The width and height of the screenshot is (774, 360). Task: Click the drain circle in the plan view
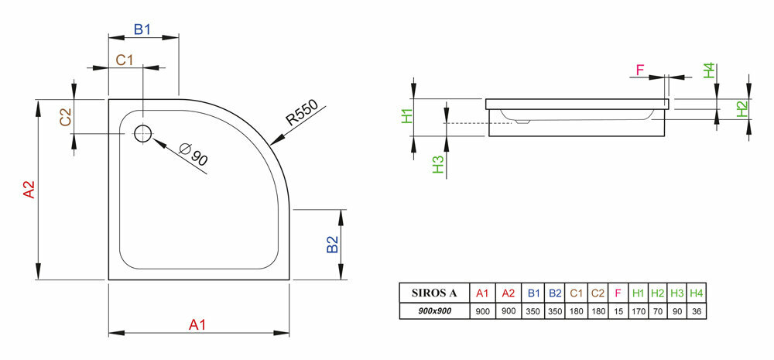click(x=143, y=133)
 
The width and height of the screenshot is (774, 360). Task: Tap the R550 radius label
click(x=302, y=115)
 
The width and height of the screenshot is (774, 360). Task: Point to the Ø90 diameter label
click(x=193, y=155)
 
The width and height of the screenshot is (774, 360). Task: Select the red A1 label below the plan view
click(x=198, y=325)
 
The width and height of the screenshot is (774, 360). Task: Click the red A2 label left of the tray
click(x=29, y=190)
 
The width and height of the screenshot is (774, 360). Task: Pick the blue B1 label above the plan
click(x=142, y=30)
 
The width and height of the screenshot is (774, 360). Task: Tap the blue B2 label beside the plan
click(x=332, y=245)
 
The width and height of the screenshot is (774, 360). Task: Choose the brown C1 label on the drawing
click(x=125, y=60)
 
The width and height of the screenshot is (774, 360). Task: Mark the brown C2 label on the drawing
click(x=66, y=117)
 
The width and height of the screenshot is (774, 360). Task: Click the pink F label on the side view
click(x=640, y=70)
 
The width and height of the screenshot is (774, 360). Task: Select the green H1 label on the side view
click(x=408, y=117)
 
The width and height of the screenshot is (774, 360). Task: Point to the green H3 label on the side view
click(x=438, y=163)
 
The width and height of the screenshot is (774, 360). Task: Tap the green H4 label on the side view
click(x=709, y=70)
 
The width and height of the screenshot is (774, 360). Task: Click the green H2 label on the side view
click(x=741, y=109)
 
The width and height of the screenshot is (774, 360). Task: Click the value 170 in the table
click(x=639, y=311)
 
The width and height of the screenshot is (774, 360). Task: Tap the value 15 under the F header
click(x=618, y=311)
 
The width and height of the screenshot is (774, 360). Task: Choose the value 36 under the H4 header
click(x=697, y=311)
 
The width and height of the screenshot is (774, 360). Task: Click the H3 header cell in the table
click(x=677, y=293)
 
